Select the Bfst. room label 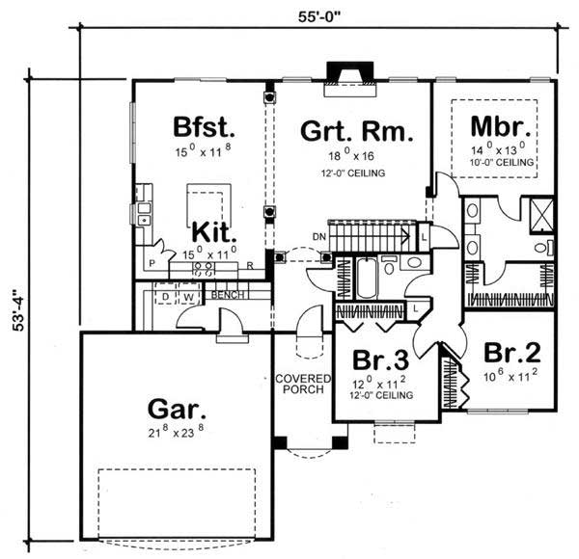(205, 126)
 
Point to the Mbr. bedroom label (496, 126)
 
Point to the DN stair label (318, 236)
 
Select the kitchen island (207, 206)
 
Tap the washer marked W (189, 296)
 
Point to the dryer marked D (164, 296)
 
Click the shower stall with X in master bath (542, 211)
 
